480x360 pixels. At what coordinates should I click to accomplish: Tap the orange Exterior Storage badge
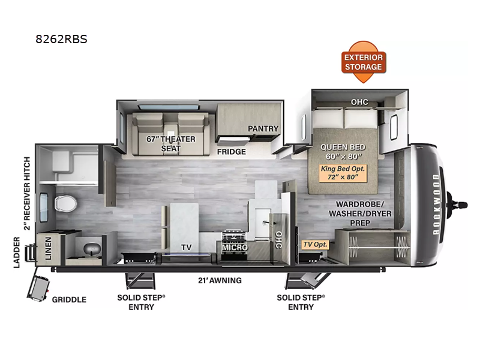[x=363, y=62]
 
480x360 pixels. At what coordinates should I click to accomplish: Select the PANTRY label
[x=263, y=128]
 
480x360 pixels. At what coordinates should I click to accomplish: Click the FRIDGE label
[x=232, y=152]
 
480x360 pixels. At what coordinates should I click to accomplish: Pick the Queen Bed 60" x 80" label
[x=343, y=151]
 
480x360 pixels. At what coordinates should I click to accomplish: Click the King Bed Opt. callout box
[x=343, y=173]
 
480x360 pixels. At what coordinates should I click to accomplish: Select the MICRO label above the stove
[x=235, y=247]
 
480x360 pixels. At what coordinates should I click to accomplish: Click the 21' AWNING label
[x=220, y=280]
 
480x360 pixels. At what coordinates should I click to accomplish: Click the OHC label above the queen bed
[x=360, y=101]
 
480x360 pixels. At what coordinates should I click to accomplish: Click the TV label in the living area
[x=186, y=247]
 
